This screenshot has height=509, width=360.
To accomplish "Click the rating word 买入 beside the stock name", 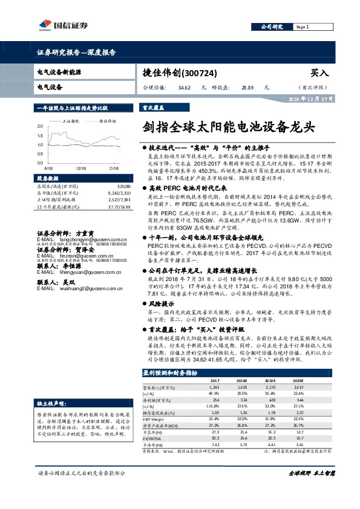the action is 319,73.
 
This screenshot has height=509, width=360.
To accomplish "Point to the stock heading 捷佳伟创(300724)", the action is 175,73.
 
